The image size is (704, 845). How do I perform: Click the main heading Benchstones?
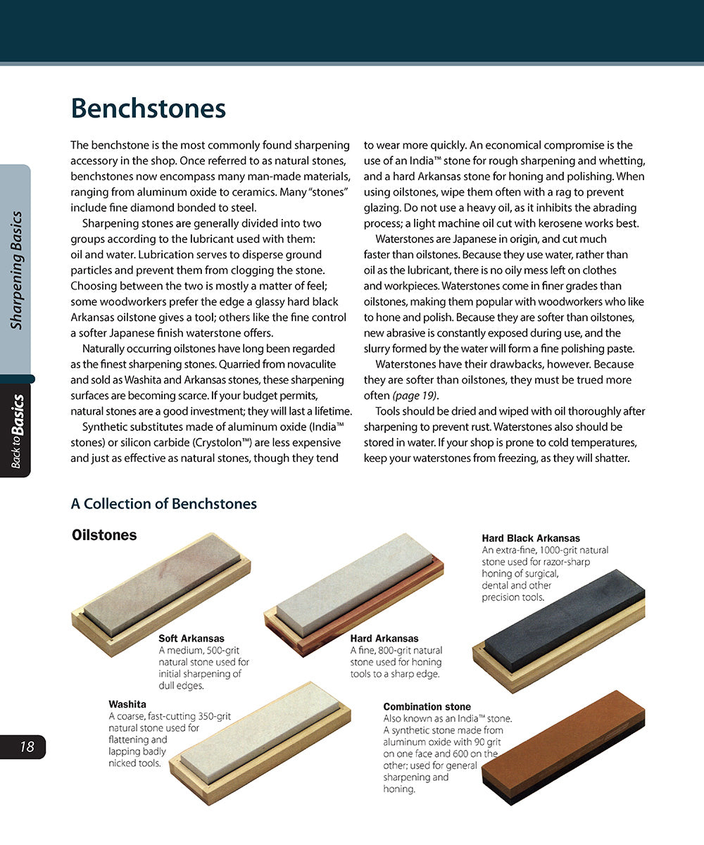pos(148,109)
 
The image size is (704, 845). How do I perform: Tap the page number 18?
pos(27,747)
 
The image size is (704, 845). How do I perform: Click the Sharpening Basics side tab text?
pos(17,270)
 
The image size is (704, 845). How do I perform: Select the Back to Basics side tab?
pos(17,431)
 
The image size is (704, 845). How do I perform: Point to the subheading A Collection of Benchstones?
pos(163,504)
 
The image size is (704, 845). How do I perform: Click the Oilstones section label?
pos(104,535)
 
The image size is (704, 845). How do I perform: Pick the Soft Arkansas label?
pos(191,639)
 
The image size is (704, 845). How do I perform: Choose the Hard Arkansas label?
pos(384,639)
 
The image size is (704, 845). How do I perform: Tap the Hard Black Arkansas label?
pos(531,539)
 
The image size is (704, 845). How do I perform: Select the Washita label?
pos(127,704)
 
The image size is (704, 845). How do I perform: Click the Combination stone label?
pos(427,707)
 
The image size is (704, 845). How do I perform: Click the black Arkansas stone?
pos(563,620)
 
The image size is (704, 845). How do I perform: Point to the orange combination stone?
pos(563,743)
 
